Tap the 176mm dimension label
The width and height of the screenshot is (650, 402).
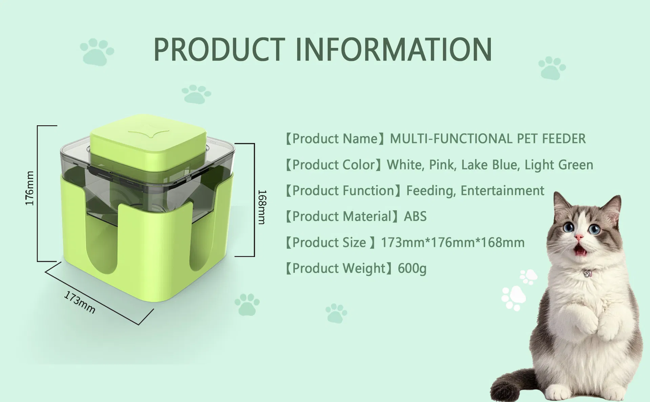click(x=30, y=188)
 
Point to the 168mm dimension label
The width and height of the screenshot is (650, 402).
click(x=262, y=207)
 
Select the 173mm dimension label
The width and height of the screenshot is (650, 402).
click(x=80, y=302)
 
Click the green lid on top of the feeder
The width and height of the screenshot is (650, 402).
click(x=148, y=142)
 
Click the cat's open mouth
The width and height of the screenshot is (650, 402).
click(x=581, y=251)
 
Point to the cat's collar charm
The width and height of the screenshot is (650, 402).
click(x=588, y=273)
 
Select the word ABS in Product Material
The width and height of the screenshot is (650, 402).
click(x=415, y=216)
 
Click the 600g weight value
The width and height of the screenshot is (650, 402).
click(x=412, y=268)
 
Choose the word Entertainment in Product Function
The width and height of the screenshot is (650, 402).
click(x=502, y=191)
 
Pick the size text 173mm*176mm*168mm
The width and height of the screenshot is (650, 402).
click(x=453, y=242)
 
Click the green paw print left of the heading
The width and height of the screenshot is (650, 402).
click(x=97, y=51)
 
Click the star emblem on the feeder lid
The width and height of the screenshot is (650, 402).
click(x=148, y=133)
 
